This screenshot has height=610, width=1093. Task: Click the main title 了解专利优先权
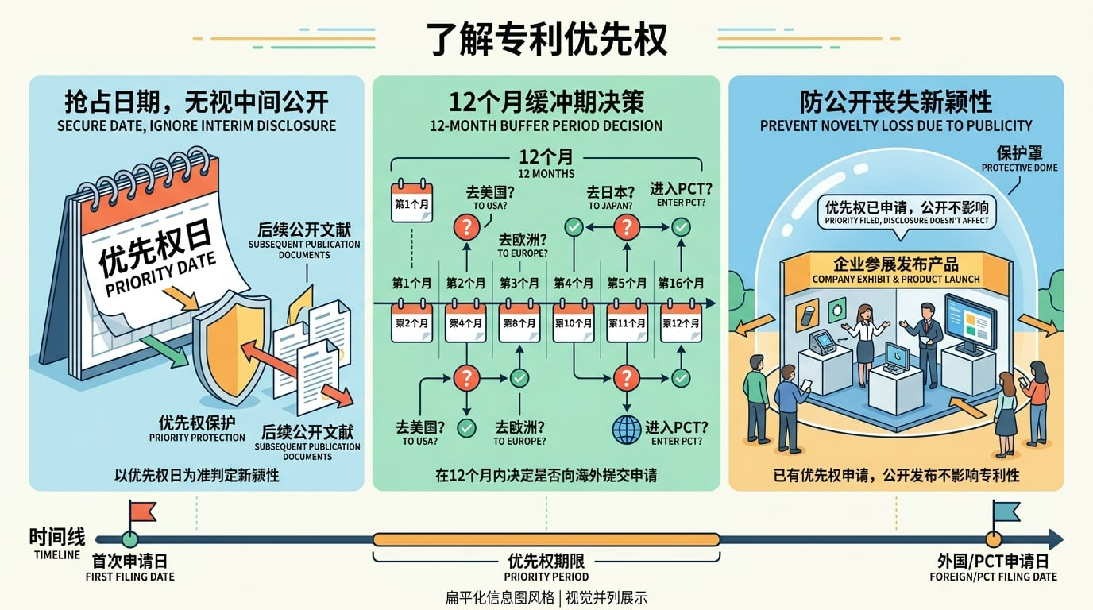point(546,38)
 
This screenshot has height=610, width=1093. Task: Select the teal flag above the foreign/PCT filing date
point(1006,512)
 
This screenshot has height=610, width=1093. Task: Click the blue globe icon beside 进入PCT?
point(626,430)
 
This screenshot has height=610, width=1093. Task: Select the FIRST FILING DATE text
point(129,577)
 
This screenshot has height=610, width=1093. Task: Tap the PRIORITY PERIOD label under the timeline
point(546,577)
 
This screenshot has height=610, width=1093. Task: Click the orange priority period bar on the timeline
point(546,539)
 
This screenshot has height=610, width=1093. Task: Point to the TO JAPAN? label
point(610,206)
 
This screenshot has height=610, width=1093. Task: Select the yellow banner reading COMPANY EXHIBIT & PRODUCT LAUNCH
point(895,270)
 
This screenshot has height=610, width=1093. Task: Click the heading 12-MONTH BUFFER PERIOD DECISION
point(546,125)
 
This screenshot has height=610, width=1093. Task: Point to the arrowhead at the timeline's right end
point(1056,539)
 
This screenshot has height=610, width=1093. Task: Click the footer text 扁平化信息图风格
point(500,598)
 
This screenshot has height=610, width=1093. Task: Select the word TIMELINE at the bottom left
point(57,555)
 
